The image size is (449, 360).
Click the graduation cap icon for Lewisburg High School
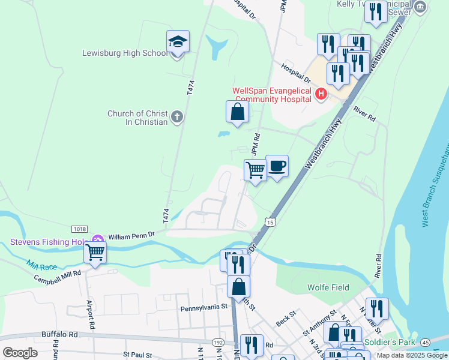pyautogui.click(x=178, y=42)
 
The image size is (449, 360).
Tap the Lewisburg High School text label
pyautogui.click(x=125, y=53)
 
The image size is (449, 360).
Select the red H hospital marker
pyautogui.click(x=321, y=94)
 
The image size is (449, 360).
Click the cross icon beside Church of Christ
pyautogui.click(x=176, y=117)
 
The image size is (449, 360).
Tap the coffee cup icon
pyautogui.click(x=277, y=166)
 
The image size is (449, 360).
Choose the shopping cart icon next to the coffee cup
pyautogui.click(x=256, y=171)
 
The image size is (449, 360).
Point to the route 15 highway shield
pyautogui.click(x=271, y=223)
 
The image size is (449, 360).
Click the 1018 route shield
pyautogui.click(x=79, y=229)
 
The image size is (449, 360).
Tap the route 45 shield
pyautogui.click(x=442, y=342)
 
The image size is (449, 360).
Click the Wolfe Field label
pyautogui.click(x=328, y=287)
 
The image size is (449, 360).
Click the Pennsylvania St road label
pyautogui.click(x=205, y=307)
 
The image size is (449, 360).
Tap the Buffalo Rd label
pyautogui.click(x=60, y=334)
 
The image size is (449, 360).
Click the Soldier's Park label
pyautogui.click(x=390, y=343)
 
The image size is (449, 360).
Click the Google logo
pyautogui.click(x=20, y=352)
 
